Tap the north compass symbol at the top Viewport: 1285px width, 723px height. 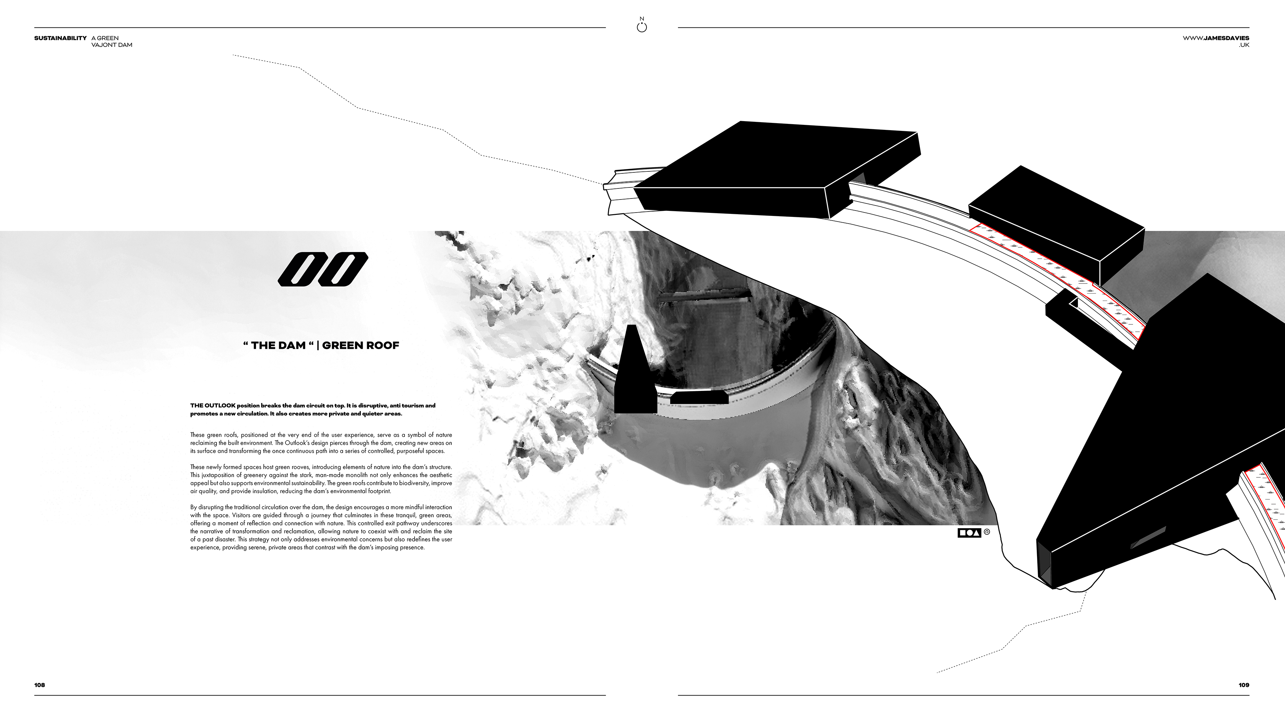pos(642,26)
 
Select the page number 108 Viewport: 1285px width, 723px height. pos(39,685)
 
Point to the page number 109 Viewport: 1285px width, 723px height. pos(1244,685)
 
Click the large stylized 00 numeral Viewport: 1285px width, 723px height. pos(323,269)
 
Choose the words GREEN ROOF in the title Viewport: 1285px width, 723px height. pos(361,345)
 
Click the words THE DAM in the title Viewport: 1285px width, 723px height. pos(278,345)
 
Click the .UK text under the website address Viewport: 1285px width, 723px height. pos(1244,45)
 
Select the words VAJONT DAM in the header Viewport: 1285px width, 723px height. pos(112,45)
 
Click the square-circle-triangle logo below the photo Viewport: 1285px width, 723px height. pos(969,533)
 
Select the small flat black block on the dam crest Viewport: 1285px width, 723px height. pos(699,398)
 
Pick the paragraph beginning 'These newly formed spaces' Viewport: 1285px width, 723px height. pos(321,479)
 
